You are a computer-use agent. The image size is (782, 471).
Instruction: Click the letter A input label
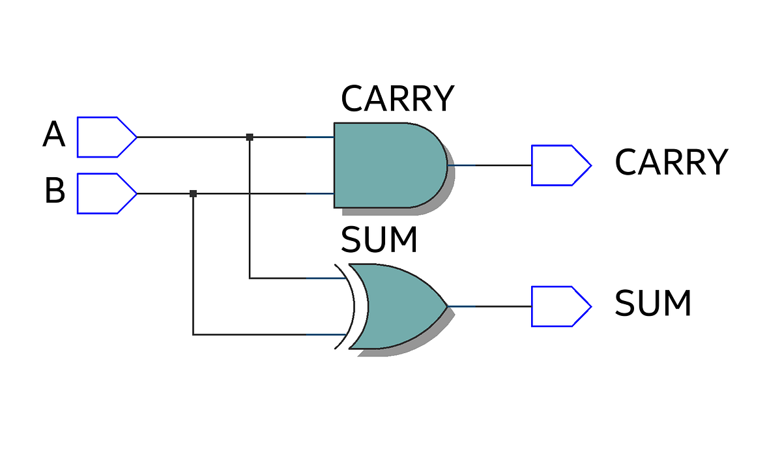[54, 136]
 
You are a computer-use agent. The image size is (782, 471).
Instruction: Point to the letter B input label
[55, 192]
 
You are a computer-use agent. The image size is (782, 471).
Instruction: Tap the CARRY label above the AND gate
[397, 99]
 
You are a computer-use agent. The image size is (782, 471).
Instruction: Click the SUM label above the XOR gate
[379, 240]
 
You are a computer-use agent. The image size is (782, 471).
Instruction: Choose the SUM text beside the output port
[653, 304]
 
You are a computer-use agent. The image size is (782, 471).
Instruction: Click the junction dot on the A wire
[250, 137]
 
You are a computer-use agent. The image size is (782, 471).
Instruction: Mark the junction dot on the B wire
[193, 193]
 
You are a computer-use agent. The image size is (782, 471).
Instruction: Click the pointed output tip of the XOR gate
[447, 306]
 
